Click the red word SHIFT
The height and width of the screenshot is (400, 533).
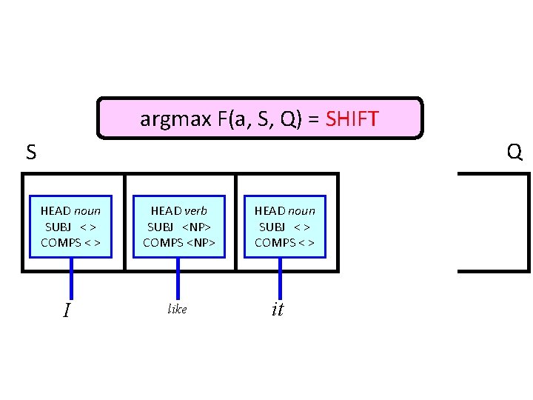(x=352, y=118)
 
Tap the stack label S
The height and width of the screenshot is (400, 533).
(x=31, y=153)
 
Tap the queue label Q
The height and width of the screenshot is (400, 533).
(x=514, y=153)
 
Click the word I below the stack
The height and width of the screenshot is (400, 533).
(x=67, y=310)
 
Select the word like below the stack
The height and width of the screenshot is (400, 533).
(x=178, y=310)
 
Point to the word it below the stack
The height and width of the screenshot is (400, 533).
(x=278, y=310)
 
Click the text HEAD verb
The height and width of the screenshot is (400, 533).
(x=178, y=211)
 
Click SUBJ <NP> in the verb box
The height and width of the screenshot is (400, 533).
(x=178, y=227)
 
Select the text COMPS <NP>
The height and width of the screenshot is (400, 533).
(x=178, y=242)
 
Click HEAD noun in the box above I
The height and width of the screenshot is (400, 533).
(x=70, y=211)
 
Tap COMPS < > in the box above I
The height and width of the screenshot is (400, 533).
(x=70, y=242)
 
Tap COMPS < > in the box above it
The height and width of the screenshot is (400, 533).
(x=285, y=242)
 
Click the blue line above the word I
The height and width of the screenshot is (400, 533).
(x=72, y=278)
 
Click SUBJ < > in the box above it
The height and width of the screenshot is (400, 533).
(x=285, y=227)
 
